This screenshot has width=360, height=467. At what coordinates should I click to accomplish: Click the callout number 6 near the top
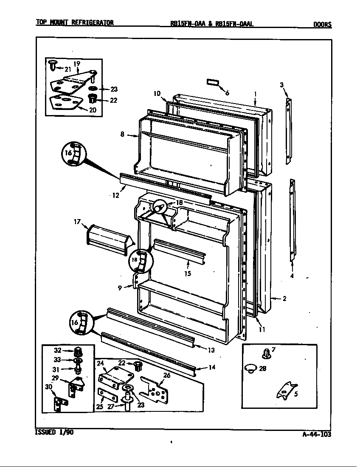tap(227, 93)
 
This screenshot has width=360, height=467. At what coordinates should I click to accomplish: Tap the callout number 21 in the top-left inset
tap(67, 69)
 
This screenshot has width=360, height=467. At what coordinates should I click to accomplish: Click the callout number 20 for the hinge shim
tap(93, 110)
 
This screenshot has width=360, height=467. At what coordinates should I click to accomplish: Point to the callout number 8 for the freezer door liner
tap(122, 135)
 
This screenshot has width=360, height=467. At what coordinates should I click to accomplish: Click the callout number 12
tap(115, 195)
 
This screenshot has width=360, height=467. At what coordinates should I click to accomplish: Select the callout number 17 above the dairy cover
tap(77, 221)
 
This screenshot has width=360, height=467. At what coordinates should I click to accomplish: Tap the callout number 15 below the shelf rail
tap(187, 274)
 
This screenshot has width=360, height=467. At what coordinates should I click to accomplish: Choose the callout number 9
tap(120, 287)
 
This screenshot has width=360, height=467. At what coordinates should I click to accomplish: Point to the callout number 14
tap(212, 367)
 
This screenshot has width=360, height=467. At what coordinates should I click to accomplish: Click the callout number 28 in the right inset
tap(262, 369)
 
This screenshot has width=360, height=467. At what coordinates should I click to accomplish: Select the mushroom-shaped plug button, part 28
tap(251, 368)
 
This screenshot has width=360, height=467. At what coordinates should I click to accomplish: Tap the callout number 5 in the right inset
tap(295, 394)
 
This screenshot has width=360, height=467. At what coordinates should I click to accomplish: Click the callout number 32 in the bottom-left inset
tap(58, 350)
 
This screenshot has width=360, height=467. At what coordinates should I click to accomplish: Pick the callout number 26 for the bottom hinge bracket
tap(166, 375)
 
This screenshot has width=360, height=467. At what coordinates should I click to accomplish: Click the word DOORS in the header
tap(322, 24)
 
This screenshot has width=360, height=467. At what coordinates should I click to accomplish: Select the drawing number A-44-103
tap(317, 434)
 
